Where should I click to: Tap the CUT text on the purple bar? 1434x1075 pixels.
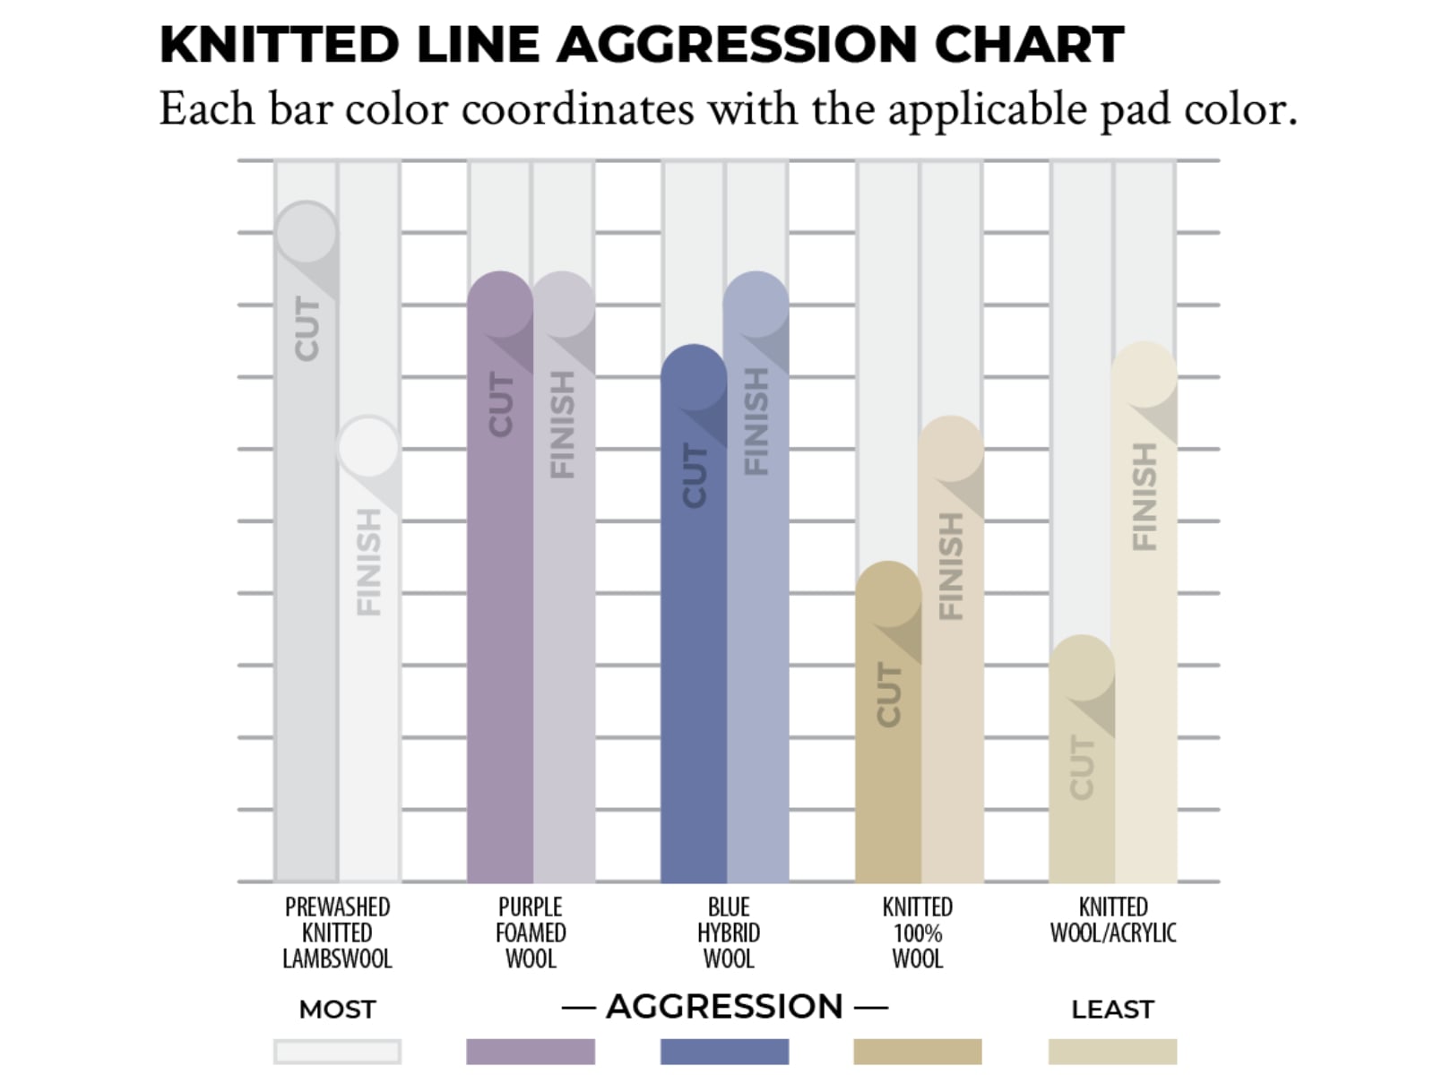(500, 406)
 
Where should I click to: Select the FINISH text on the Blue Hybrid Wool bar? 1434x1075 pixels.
(756, 422)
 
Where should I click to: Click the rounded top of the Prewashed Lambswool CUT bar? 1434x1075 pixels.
(307, 232)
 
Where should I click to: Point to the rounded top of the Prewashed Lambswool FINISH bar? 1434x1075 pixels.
(368, 446)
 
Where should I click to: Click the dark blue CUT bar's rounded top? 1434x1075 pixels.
(694, 376)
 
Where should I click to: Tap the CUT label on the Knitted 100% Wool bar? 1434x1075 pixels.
(887, 695)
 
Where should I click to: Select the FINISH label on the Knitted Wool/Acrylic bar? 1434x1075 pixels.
(1145, 497)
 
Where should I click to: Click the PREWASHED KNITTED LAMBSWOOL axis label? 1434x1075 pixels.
(337, 933)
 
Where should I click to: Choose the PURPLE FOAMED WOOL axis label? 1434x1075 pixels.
(531, 933)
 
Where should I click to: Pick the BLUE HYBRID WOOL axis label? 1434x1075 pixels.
(729, 933)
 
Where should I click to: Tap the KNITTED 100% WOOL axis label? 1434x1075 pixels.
(918, 933)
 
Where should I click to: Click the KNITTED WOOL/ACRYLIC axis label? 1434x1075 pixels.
(1113, 920)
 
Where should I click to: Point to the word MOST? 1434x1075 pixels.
(337, 1010)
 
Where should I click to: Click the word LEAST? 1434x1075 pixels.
(1112, 1010)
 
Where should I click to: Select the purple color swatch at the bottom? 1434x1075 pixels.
(531, 1052)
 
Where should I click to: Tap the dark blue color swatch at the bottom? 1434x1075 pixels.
(724, 1052)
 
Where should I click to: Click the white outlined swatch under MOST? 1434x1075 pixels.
(337, 1052)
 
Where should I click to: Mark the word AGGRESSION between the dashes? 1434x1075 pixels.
(724, 1007)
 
